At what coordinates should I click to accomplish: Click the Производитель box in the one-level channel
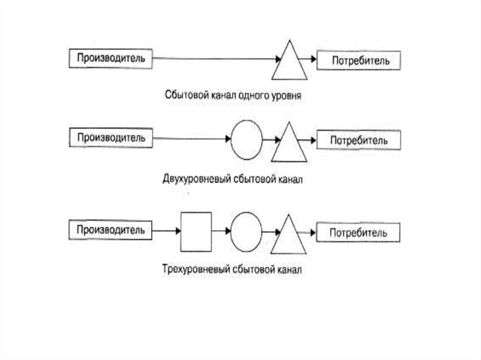tap(111, 58)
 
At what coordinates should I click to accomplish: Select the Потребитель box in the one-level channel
tap(359, 61)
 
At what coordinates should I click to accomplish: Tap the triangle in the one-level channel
tap(289, 63)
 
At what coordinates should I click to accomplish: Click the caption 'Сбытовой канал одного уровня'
tap(233, 95)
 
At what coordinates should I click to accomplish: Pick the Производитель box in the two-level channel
tap(111, 138)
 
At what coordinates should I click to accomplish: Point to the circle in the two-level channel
tap(247, 139)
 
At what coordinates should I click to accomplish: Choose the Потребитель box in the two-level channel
tap(359, 141)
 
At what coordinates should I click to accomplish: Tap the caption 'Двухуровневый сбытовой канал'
tap(233, 179)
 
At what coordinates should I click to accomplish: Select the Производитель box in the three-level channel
tap(111, 230)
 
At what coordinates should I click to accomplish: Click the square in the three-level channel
tap(196, 231)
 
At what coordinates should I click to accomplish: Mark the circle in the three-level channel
tap(247, 231)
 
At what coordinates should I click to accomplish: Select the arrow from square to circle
tap(221, 231)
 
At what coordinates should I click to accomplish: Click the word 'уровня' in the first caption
tap(286, 96)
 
